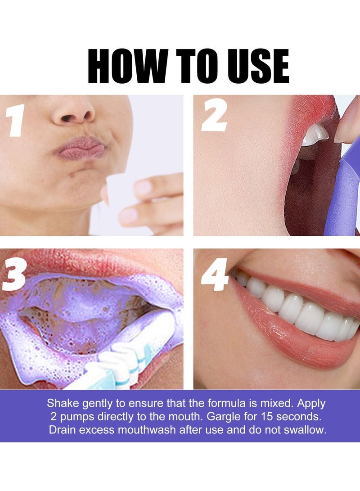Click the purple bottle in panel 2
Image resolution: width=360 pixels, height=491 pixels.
[x=342, y=194]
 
